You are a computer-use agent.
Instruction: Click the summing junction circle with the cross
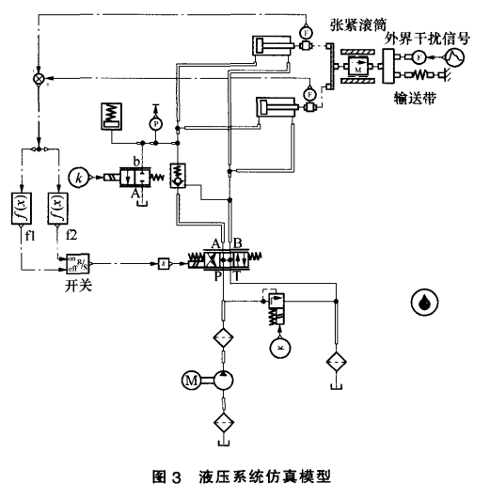[39, 82]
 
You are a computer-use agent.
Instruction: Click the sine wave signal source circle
[454, 58]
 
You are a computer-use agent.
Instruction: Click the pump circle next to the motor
[223, 380]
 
